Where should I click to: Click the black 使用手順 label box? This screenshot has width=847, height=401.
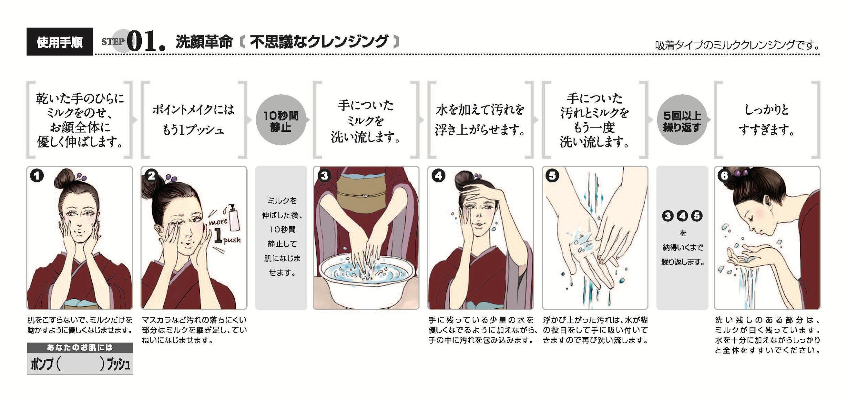59,41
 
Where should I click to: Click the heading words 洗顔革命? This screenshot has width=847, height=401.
204,42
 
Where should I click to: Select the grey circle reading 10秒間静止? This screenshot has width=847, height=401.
281,120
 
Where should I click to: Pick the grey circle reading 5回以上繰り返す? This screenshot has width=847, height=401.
682,120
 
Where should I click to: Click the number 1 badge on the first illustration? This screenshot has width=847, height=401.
37,175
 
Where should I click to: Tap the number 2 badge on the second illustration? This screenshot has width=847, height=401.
151,175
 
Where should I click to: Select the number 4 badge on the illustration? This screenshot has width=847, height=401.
438,175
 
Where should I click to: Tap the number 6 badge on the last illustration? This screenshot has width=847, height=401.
724,175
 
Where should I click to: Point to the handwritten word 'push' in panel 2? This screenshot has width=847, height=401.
232,240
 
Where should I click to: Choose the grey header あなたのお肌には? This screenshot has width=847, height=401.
80,347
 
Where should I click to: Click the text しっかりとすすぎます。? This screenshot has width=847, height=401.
767,120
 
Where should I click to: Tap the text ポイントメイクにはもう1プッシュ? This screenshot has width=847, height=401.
193,120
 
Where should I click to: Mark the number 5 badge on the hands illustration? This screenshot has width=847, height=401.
552,175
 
